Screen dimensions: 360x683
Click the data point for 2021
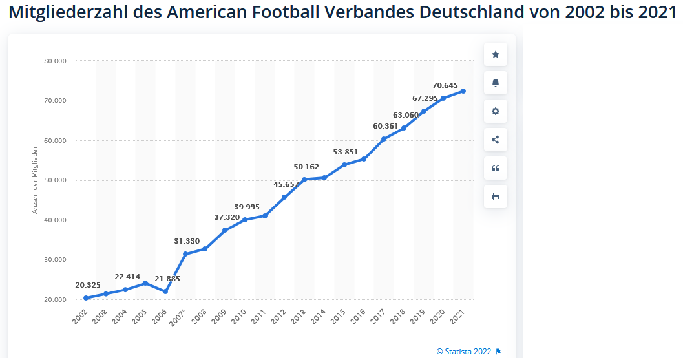463,91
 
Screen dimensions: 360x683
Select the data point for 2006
165,291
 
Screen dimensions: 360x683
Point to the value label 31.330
187,241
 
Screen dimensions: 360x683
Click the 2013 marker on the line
304,179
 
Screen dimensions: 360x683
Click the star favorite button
496,54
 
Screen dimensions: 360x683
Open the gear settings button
496,111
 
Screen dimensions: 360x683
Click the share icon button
496,140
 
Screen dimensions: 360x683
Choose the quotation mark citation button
496,168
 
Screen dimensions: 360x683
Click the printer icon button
496,196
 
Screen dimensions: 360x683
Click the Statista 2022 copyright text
464,352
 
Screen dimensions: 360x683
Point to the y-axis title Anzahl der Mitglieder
36,180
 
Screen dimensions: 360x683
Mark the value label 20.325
87,284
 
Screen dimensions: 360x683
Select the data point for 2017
384,139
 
